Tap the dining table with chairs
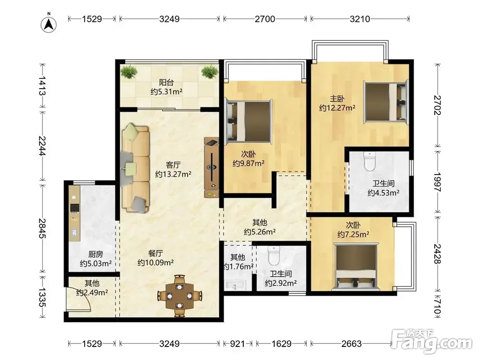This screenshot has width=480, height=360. (179, 296)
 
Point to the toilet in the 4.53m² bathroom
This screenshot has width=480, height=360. (370, 162)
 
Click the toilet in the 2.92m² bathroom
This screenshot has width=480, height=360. (274, 256)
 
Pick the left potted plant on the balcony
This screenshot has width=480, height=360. (129, 72)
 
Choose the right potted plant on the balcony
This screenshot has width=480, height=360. (210, 72)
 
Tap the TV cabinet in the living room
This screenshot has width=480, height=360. (211, 167)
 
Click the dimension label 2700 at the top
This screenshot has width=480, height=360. (265, 19)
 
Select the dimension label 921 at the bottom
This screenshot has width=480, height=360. (237, 344)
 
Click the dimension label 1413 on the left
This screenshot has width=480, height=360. (42, 85)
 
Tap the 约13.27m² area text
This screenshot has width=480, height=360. (173, 174)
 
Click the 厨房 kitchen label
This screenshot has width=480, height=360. (95, 254)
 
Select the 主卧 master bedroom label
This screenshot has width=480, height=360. (337, 99)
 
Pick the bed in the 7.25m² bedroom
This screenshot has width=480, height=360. (355, 266)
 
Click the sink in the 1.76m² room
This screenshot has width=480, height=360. (235, 285)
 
